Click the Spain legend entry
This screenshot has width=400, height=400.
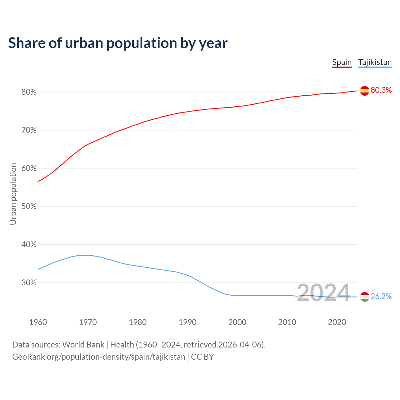pos(342,62)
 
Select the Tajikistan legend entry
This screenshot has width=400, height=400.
pos(375,62)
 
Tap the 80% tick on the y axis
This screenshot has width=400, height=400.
pos(29,92)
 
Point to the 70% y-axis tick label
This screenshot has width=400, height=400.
pos(29,130)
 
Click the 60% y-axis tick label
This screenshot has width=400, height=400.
pos(29,168)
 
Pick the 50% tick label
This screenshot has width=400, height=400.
pos(29,207)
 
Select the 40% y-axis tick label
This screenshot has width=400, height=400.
pos(29,245)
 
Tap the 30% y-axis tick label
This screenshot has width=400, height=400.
pos(29,283)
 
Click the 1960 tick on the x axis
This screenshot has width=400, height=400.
pos(38,322)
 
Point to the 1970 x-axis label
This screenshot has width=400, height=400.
pos(88,322)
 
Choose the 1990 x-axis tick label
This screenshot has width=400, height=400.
pos(187,322)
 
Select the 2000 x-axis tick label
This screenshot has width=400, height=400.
pos(237,322)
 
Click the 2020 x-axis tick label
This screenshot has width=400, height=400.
pos(337,322)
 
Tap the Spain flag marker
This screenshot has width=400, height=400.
pos(364,91)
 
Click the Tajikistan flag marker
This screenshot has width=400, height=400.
pos(364,297)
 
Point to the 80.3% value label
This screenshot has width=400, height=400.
pos(381,90)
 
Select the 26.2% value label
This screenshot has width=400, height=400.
pos(381,297)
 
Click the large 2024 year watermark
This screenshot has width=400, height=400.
pos(323,293)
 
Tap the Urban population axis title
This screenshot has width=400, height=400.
pos(13,194)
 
